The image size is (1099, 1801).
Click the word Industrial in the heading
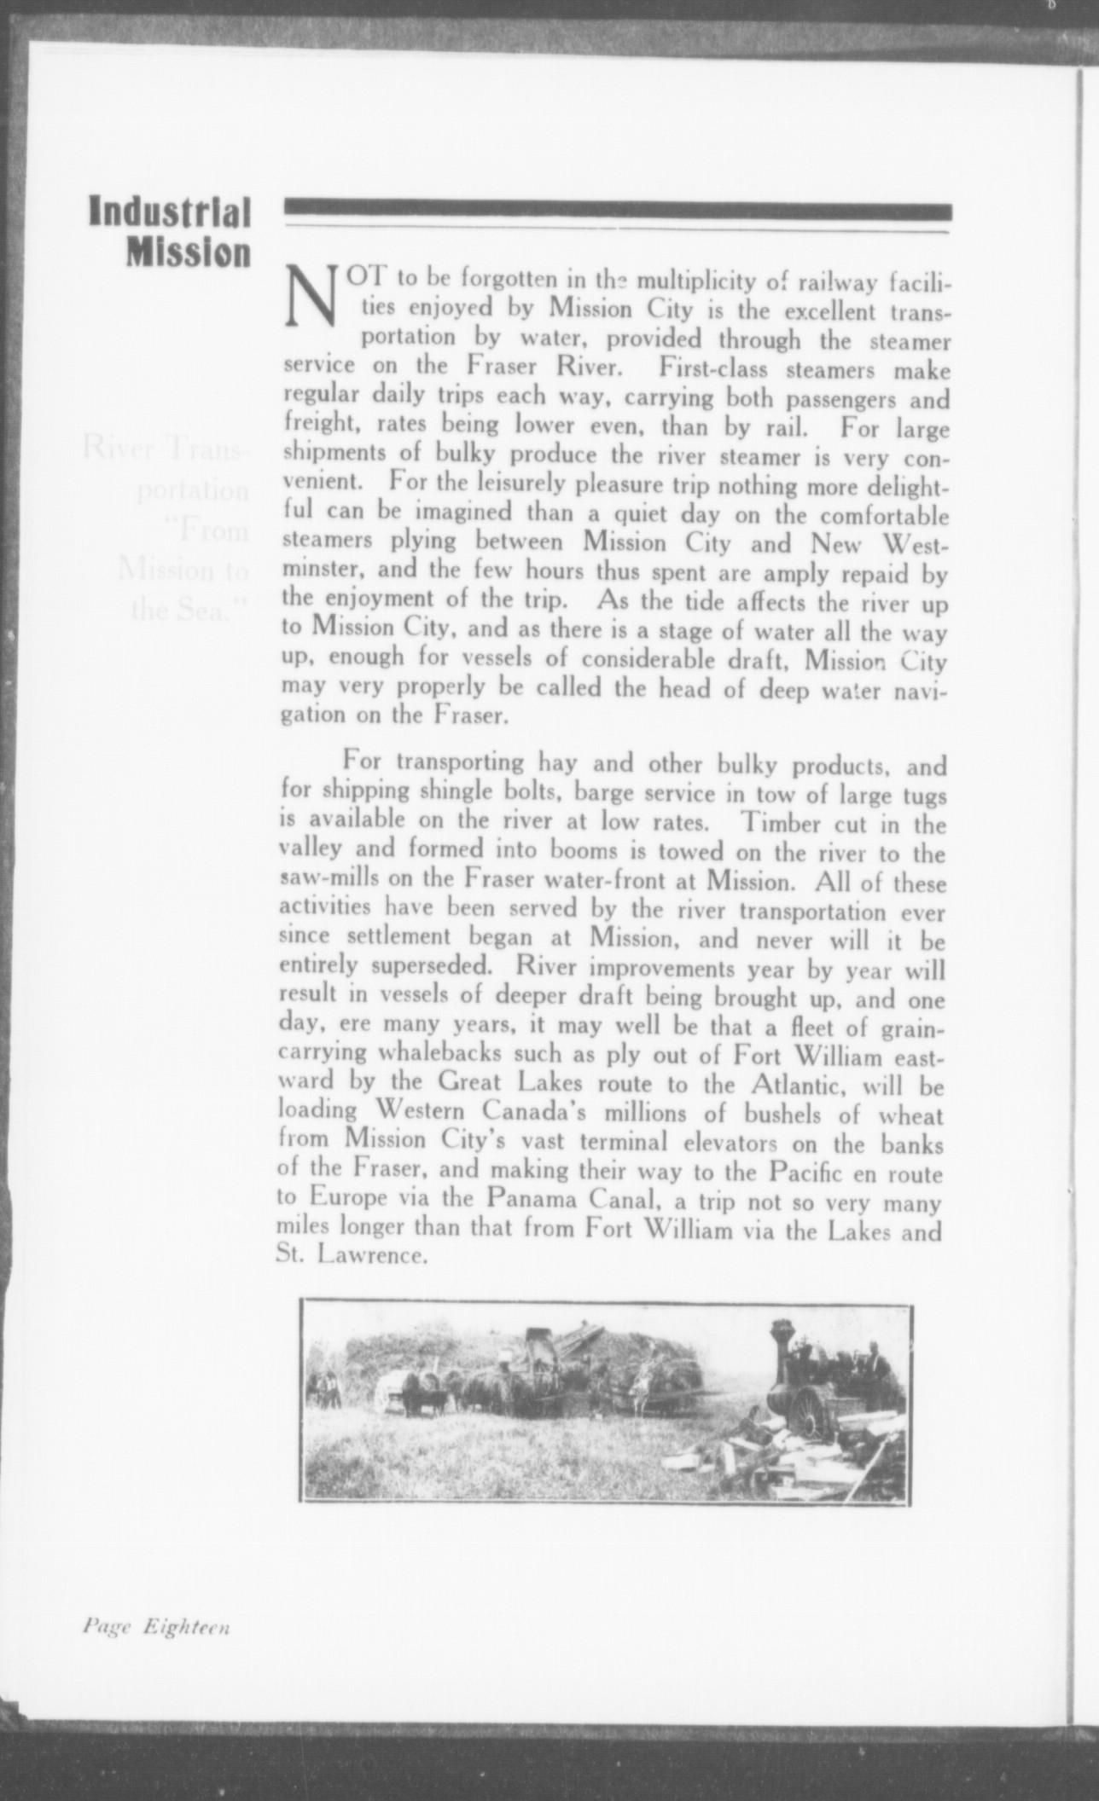pyautogui.click(x=170, y=213)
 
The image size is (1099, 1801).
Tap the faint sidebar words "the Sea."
pyautogui.click(x=188, y=611)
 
